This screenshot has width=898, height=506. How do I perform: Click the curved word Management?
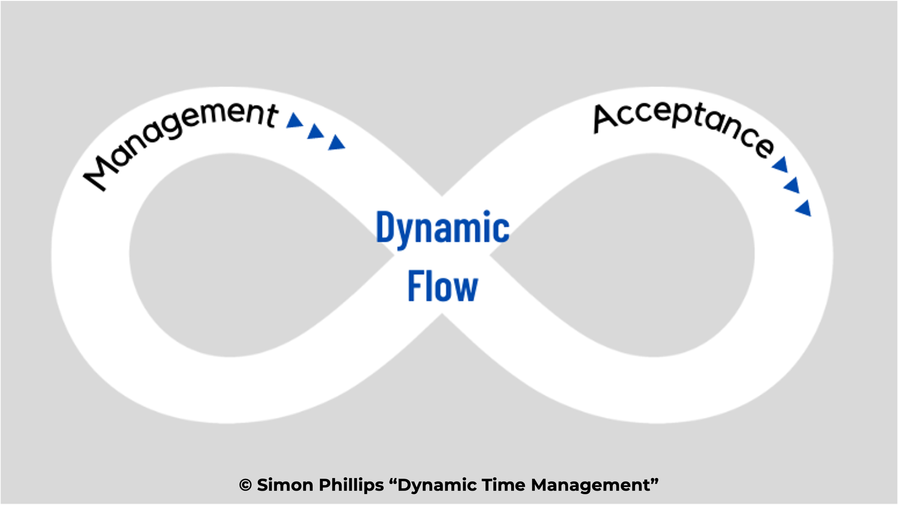180,140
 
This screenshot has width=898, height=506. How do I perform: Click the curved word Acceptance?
682,126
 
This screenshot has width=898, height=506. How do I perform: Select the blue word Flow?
443,286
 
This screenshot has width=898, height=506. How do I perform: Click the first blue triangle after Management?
295,121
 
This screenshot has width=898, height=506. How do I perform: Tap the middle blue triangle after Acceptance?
792,186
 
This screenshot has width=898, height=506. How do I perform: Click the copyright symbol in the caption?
245,485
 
